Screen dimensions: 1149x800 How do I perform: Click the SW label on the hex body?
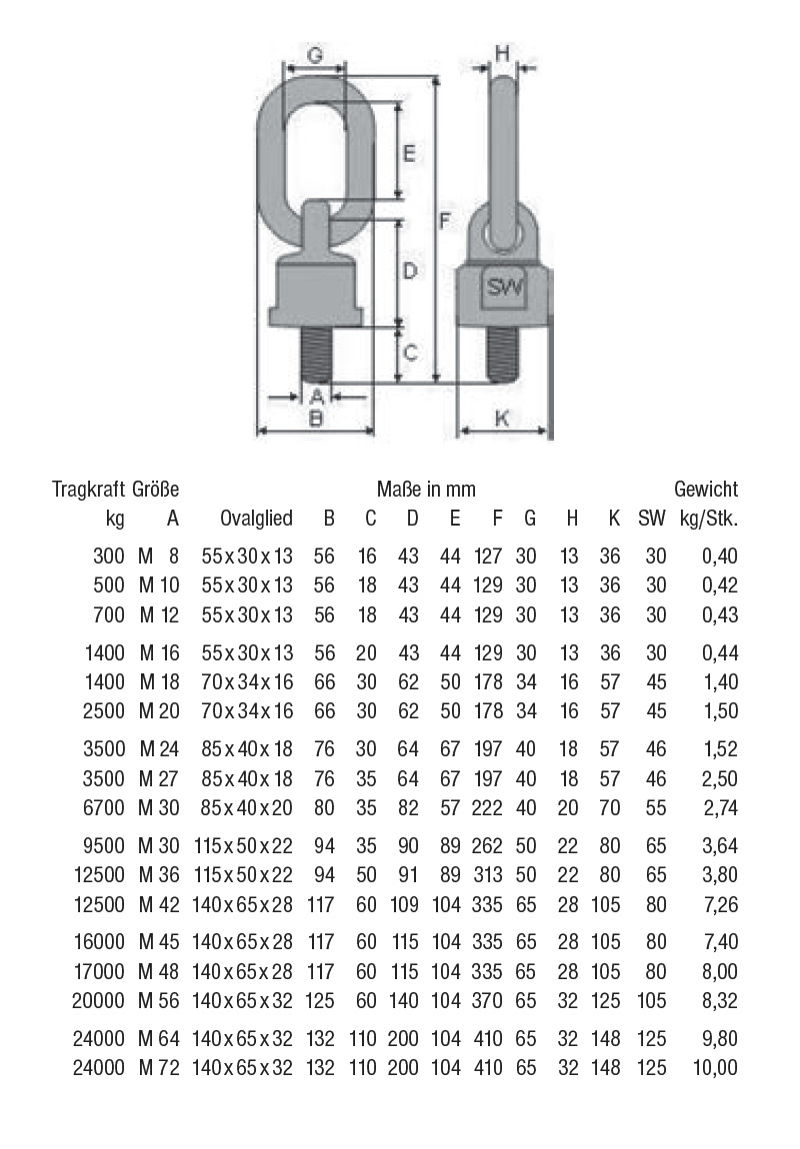pyautogui.click(x=504, y=289)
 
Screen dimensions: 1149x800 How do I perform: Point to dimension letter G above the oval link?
pyautogui.click(x=315, y=56)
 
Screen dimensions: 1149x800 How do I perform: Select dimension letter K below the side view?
pyautogui.click(x=502, y=420)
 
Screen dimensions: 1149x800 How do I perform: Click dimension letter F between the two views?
pyautogui.click(x=447, y=219)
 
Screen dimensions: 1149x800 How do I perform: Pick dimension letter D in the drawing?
pyautogui.click(x=409, y=270)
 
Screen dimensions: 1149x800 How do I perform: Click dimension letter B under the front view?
pyautogui.click(x=315, y=420)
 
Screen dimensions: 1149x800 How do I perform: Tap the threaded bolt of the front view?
pyautogui.click(x=315, y=354)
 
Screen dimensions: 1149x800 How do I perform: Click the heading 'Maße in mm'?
pyautogui.click(x=426, y=490)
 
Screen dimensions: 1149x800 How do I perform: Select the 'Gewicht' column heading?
pyautogui.click(x=706, y=490)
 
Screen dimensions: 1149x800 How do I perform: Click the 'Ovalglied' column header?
pyautogui.click(x=257, y=518)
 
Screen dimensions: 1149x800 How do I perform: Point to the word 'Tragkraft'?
pyautogui.click(x=89, y=490)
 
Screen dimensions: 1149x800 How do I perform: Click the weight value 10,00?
pyautogui.click(x=715, y=1068)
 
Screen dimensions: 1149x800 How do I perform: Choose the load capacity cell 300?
pyautogui.click(x=107, y=557)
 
